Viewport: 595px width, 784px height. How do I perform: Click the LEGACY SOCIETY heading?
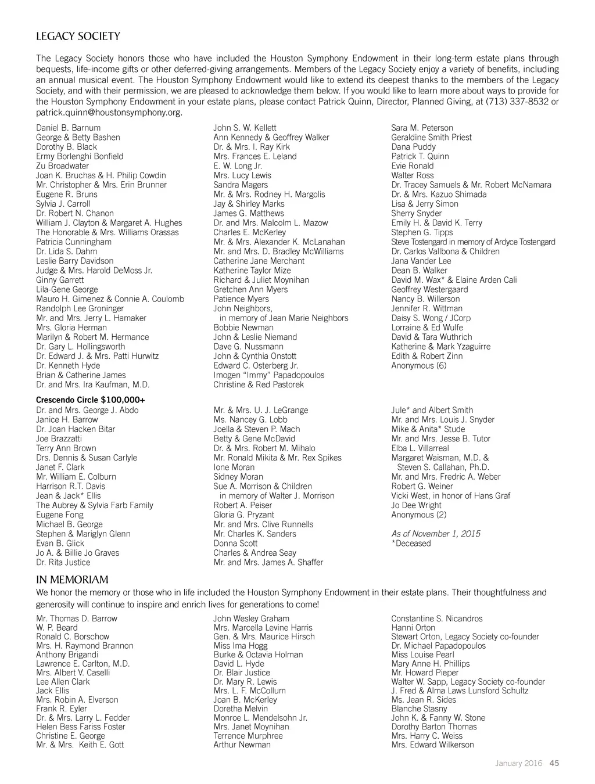(x=78, y=37)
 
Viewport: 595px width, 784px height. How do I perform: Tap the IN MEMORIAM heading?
(x=72, y=580)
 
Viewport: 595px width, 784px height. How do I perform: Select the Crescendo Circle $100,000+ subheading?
(x=91, y=400)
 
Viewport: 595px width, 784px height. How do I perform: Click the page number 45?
(x=554, y=763)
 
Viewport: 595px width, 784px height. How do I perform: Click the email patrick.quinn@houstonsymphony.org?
(x=109, y=112)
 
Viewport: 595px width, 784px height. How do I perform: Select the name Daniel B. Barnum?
(x=68, y=128)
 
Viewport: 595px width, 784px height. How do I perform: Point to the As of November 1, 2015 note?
(x=436, y=534)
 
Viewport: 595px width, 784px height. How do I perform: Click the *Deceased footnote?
(x=411, y=544)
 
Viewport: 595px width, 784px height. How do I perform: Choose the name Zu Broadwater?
(x=63, y=166)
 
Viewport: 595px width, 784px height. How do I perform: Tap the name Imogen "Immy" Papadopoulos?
(x=268, y=375)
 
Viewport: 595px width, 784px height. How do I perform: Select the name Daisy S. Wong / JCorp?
(x=431, y=318)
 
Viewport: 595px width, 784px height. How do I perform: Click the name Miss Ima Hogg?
(x=241, y=646)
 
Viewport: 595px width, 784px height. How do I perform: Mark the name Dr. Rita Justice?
(x=63, y=562)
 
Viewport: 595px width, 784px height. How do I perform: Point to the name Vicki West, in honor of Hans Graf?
(x=450, y=496)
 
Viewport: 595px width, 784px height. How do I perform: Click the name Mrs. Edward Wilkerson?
(x=432, y=745)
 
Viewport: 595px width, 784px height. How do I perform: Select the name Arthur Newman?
(x=242, y=745)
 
